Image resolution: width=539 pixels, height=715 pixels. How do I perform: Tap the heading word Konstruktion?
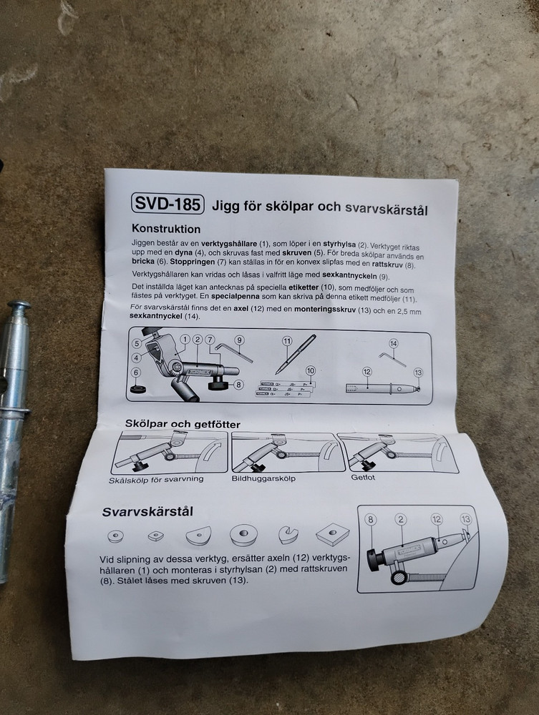(x=166, y=230)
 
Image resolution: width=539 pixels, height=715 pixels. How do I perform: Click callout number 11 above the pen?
(x=287, y=340)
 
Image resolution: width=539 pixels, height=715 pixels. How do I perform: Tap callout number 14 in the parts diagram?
(x=393, y=343)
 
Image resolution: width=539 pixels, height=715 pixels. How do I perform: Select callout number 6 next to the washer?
(x=136, y=372)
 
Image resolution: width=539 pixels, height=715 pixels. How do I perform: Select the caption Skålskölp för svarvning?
(x=156, y=479)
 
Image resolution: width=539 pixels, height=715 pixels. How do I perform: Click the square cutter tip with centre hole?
(x=331, y=533)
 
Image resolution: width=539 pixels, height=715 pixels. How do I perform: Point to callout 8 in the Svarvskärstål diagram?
(x=370, y=521)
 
